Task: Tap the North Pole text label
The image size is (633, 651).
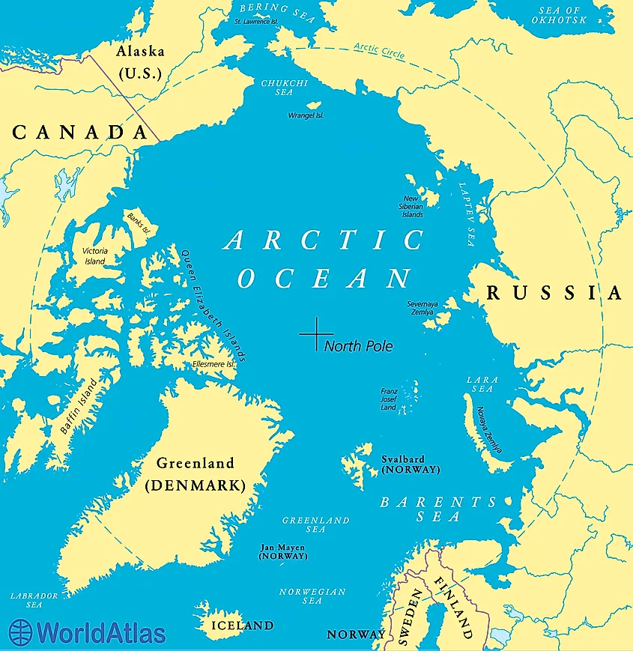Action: pyautogui.click(x=358, y=346)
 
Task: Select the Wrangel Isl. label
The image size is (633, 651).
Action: pyautogui.click(x=306, y=116)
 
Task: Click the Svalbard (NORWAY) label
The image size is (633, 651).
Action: pyautogui.click(x=410, y=464)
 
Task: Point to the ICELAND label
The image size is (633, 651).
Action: pyautogui.click(x=241, y=625)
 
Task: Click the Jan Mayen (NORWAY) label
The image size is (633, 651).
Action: pyautogui.click(x=282, y=552)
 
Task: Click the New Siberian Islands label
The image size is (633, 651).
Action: pyautogui.click(x=413, y=206)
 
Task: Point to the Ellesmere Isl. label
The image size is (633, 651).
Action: pyautogui.click(x=214, y=364)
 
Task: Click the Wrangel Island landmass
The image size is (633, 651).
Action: pyautogui.click(x=316, y=106)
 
